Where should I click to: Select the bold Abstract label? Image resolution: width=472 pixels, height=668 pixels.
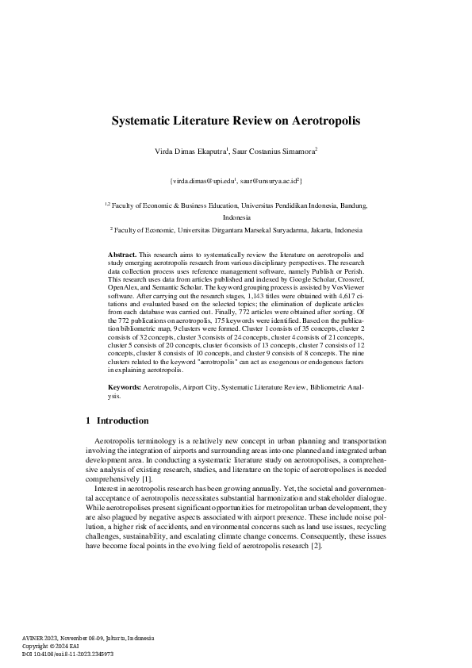point(122,253)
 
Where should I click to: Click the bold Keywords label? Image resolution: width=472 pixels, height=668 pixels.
point(125,386)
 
